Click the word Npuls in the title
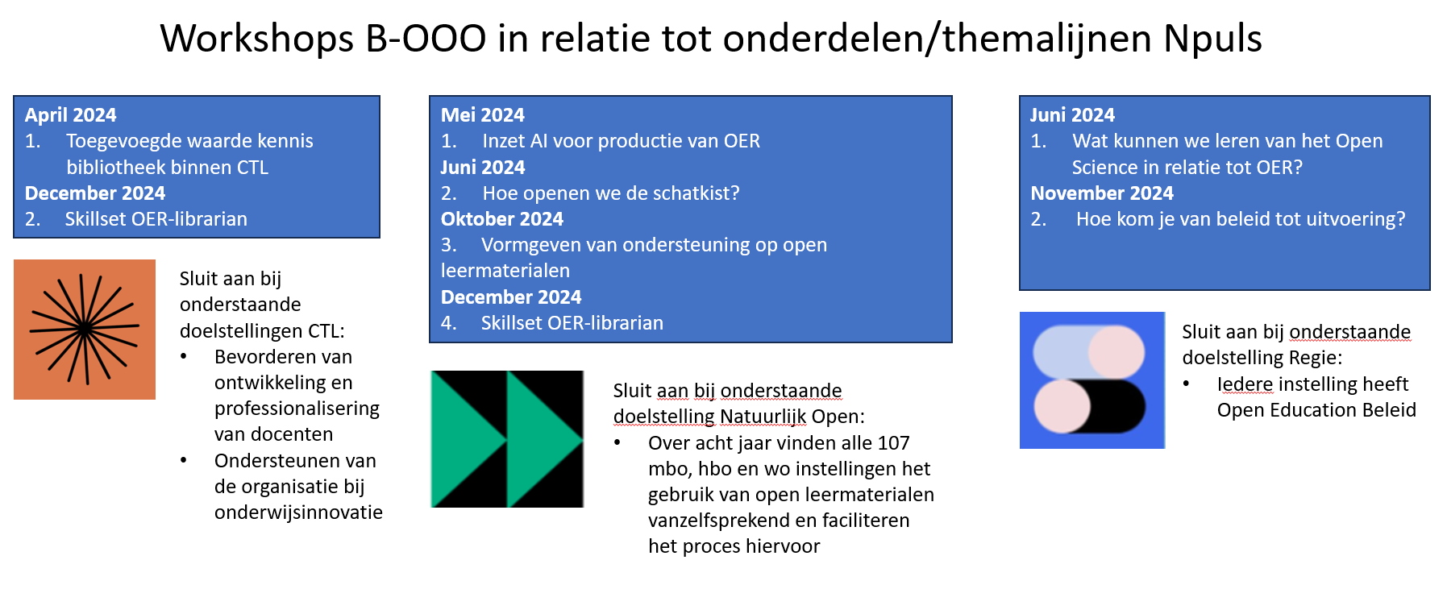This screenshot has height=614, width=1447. point(1213,39)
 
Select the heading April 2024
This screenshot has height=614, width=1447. point(71,115)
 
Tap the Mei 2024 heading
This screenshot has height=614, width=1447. point(483,115)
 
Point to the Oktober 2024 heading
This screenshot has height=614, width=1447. point(502,219)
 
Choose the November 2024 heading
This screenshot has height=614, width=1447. point(1102,193)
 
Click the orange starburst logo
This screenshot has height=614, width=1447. point(85,329)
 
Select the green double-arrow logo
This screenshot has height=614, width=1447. point(507,439)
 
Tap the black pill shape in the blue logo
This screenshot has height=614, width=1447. point(1117,407)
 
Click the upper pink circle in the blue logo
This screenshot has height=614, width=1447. point(1116,352)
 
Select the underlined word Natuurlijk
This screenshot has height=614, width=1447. point(763,417)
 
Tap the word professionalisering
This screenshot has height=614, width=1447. point(297,409)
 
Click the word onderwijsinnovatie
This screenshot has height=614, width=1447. point(298,512)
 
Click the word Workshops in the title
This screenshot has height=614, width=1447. point(257,39)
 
